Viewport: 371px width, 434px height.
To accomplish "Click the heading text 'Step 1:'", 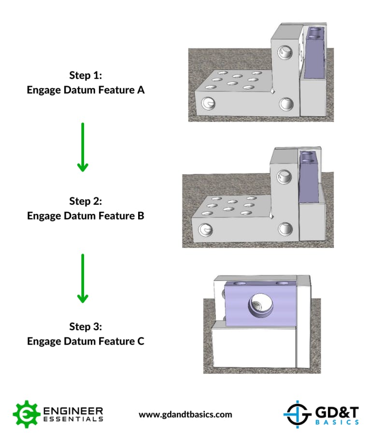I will click(86, 76).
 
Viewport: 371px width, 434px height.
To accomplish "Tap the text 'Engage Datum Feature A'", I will click(86, 90).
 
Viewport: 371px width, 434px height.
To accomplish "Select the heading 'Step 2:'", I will click(86, 201).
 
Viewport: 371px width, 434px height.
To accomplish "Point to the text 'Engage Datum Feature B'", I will click(86, 216).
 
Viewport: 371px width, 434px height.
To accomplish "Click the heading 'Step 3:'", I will click(86, 327).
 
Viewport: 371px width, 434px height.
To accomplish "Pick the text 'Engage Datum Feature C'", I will click(86, 341).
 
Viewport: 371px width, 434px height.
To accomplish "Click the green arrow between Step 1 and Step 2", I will click(83, 147).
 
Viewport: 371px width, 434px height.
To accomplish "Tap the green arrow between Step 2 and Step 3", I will click(83, 278).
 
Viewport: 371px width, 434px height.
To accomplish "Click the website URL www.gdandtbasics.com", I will click(185, 414).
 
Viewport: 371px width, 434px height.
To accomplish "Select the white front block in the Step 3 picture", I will click(251, 348).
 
